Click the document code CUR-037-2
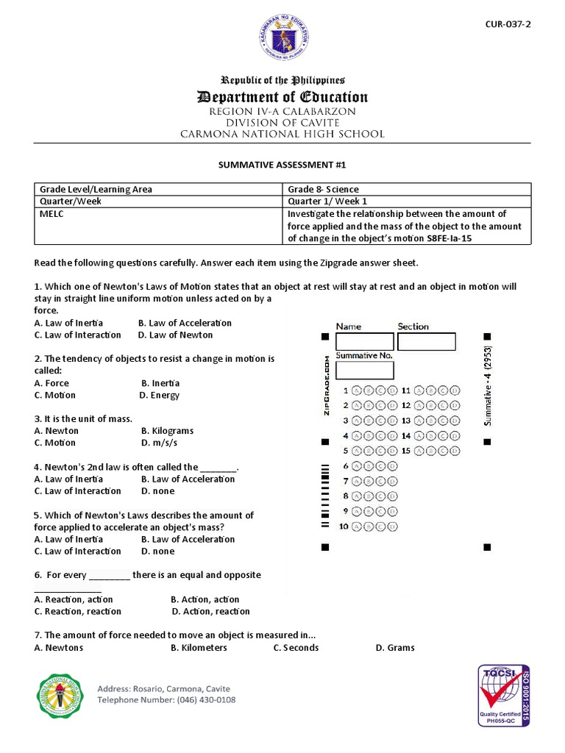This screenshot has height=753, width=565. point(508,24)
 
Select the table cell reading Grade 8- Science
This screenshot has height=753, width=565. point(323,189)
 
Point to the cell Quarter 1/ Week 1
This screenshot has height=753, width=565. point(327,201)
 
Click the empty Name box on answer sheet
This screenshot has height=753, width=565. point(364,342)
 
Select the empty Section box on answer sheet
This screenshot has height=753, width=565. point(426,342)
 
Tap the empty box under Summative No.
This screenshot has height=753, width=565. point(364,370)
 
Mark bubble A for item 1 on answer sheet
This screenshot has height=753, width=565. point(357,390)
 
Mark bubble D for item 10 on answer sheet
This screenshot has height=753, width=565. point(392,527)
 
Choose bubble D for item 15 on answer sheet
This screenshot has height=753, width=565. point(456,451)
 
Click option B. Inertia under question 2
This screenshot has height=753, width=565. point(160,383)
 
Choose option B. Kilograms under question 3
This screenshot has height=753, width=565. point(167,431)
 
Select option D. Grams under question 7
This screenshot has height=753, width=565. point(394,648)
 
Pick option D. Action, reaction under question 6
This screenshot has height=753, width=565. point(210,611)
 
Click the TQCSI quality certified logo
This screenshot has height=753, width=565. point(504,695)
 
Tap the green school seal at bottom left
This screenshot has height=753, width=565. point(60,696)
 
